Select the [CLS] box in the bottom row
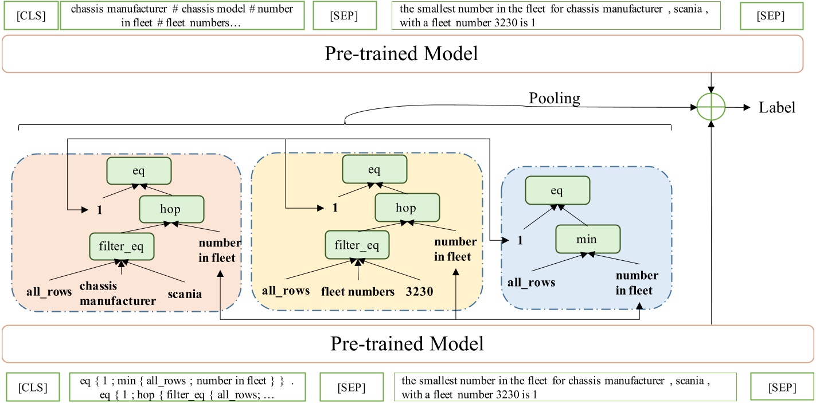(32, 387)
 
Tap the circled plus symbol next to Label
(711, 107)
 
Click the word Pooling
(554, 99)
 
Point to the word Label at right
(776, 107)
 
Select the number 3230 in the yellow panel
(419, 291)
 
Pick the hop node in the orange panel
(170, 209)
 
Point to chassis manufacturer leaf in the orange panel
(118, 293)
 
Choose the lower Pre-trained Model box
(407, 344)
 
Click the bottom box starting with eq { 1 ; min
(185, 387)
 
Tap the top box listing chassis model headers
(182, 16)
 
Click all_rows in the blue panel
(531, 281)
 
